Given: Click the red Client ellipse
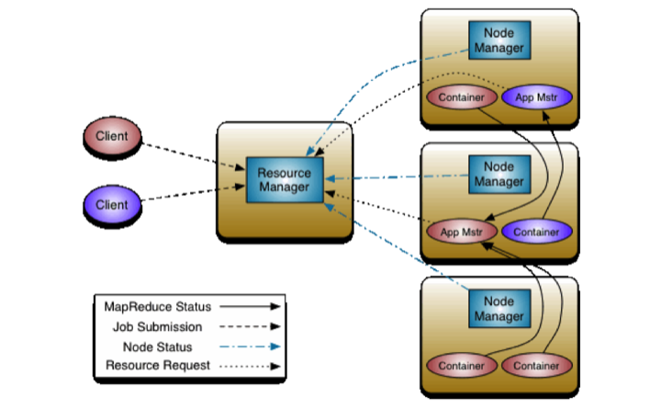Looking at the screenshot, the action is click(x=112, y=136).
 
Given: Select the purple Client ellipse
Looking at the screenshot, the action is click(x=112, y=205).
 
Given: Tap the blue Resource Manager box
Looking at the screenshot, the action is click(x=285, y=180).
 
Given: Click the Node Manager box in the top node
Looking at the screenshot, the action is click(x=499, y=40).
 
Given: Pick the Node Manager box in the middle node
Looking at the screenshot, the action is click(x=499, y=175).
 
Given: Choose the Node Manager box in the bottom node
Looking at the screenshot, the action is click(x=499, y=309).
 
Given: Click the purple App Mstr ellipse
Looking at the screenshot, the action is click(x=537, y=97).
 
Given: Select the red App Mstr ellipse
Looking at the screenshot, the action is click(x=462, y=232).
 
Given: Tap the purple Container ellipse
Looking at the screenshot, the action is click(x=537, y=232).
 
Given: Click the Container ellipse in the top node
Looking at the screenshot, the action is click(x=462, y=97).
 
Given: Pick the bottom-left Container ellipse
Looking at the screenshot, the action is click(x=462, y=366).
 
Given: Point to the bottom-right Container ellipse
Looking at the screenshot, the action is click(x=537, y=366).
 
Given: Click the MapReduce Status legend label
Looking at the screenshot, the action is click(x=158, y=307).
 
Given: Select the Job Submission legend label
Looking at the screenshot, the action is click(x=157, y=326).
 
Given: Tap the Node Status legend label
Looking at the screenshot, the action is click(x=157, y=347).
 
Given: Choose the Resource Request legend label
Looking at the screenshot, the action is click(x=158, y=366).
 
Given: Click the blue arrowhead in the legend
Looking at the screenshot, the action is click(x=275, y=347).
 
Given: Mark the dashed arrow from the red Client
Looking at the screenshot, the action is click(x=194, y=156).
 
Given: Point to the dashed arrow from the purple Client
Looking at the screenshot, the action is click(x=193, y=192).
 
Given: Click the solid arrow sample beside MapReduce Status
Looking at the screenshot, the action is click(x=250, y=306).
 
